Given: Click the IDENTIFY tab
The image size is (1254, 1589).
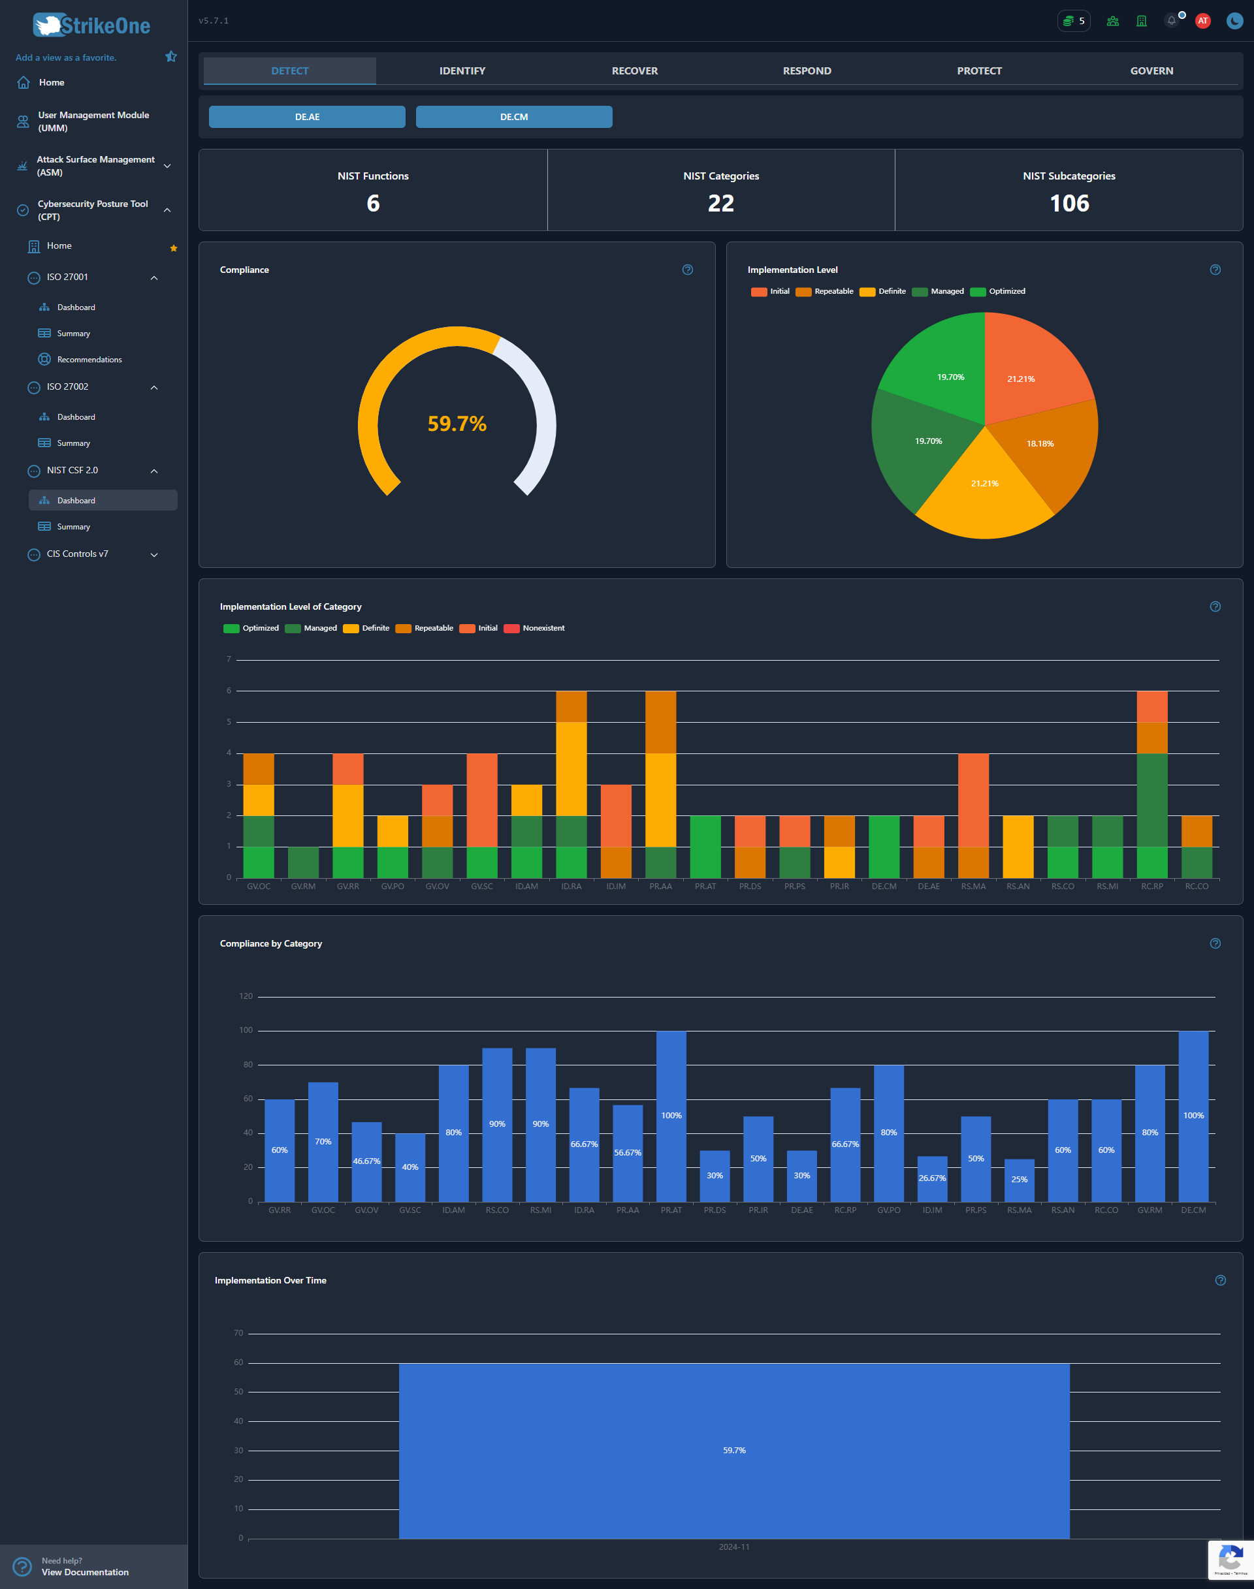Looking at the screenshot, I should pos(462,71).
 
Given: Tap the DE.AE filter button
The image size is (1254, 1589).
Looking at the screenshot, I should pos(307,117).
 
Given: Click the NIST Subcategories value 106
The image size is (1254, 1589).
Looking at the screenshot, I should pos(1069,203).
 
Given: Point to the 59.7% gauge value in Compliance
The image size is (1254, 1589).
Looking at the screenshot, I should pos(457,424).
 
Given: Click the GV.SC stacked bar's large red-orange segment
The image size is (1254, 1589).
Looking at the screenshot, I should pos(481,800).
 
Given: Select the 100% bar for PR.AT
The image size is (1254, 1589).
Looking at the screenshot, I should pos(671,1116).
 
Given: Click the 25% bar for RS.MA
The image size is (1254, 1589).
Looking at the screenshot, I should pos(1019,1180).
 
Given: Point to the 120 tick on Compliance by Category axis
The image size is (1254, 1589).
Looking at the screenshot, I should pos(245,996).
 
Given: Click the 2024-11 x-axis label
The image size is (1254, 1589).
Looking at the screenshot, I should pos(733,1547).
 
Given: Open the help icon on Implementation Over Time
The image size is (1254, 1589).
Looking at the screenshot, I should pos(1220,1280).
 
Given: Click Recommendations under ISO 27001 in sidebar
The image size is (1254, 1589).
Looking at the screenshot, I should pos(89,360).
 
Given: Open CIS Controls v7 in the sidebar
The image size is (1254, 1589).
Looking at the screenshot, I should pos(77,554).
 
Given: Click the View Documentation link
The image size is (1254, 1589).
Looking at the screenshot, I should pos(84,1572).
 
